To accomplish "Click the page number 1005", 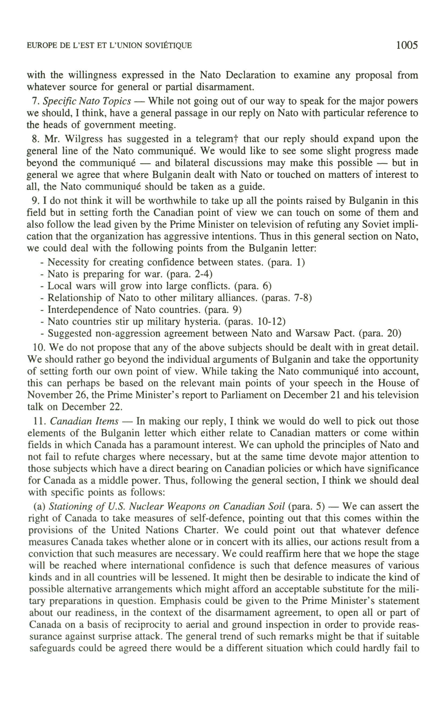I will [x=407, y=45].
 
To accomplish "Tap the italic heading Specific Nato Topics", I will [x=87, y=101].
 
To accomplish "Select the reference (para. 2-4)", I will [x=189, y=274].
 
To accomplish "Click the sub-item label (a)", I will [x=39, y=506].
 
